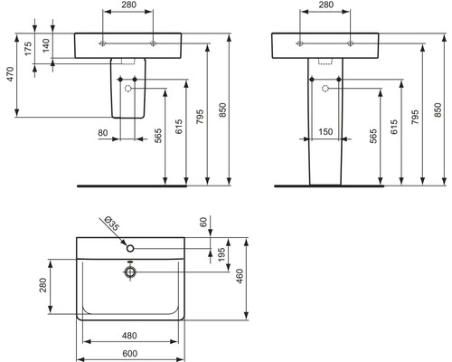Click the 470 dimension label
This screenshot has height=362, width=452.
coord(10,74)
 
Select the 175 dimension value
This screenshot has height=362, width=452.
coord(28,49)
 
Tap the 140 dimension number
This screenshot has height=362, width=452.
coord(46,45)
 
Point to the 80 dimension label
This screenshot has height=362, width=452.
coord(103,133)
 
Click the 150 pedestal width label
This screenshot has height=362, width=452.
coord(325,132)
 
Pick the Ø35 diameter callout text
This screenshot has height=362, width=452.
coord(111,224)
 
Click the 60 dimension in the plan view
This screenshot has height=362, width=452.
coord(203,223)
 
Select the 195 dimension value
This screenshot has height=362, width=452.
coord(221,254)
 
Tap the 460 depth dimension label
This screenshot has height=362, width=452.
coord(240,276)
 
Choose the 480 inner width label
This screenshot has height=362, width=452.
coord(129,336)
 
